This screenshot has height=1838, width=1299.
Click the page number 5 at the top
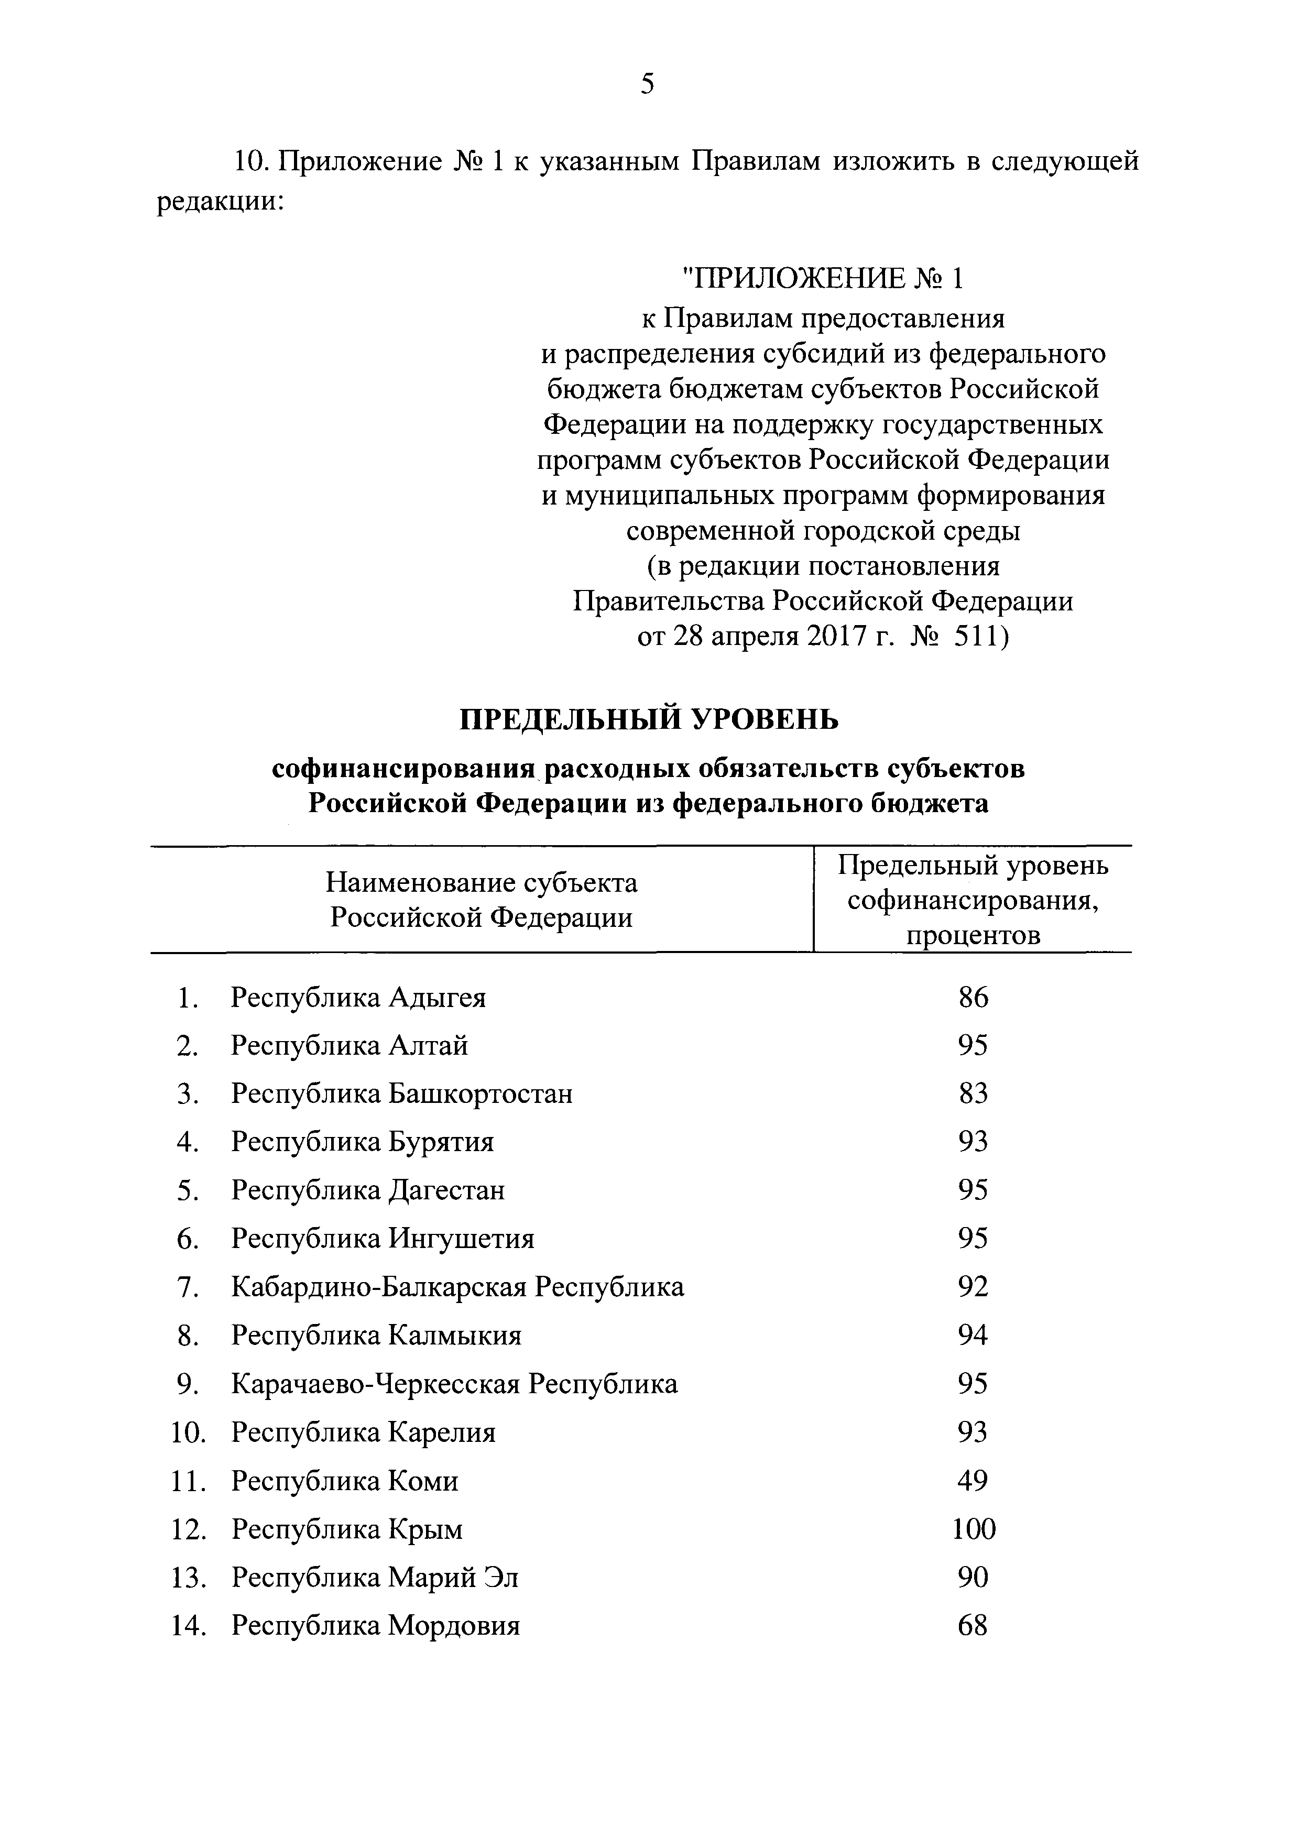(x=648, y=83)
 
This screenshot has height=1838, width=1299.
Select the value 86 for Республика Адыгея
(x=973, y=998)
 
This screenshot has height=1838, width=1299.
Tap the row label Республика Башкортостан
(x=402, y=1093)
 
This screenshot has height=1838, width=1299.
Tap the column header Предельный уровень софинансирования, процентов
(x=973, y=900)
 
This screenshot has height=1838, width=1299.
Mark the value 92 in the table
(x=973, y=1287)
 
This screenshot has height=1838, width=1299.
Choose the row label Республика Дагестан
(x=368, y=1190)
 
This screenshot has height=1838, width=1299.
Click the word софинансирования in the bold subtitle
(x=403, y=769)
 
